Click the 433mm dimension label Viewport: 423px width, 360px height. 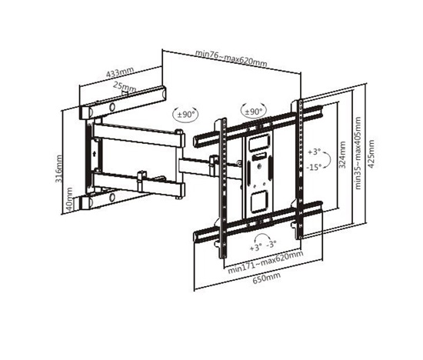[120, 72]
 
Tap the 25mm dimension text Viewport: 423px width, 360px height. [125, 87]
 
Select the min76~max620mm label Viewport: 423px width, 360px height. [231, 58]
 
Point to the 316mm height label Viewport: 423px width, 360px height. [58, 168]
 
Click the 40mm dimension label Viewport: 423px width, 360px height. [69, 199]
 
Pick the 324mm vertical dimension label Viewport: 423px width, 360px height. [342, 155]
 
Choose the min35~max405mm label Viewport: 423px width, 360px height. [358, 153]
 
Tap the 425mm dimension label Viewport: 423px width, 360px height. [371, 154]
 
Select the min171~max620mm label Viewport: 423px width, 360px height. [265, 262]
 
